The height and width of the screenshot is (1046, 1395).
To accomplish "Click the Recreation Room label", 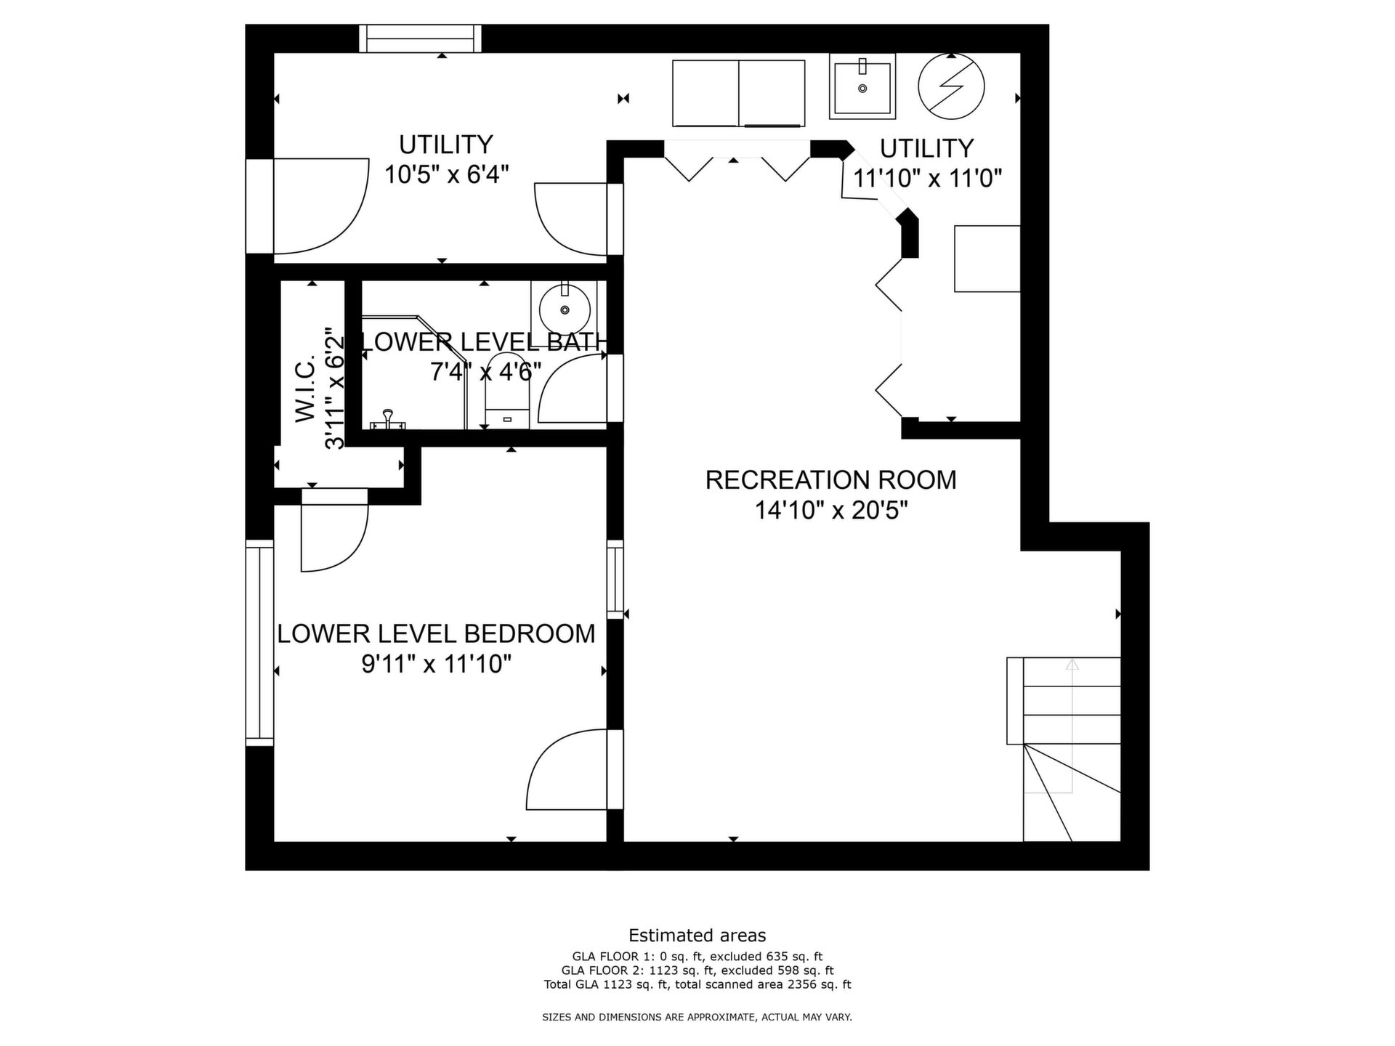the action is pyautogui.click(x=830, y=480).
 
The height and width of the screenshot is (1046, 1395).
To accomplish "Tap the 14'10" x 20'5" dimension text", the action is pyautogui.click(x=831, y=511).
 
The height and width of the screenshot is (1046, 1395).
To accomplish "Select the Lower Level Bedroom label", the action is pyautogui.click(x=436, y=633).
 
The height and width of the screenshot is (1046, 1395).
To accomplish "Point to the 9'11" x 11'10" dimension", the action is pyautogui.click(x=437, y=664).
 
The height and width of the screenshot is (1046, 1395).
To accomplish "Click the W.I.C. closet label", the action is pyautogui.click(x=306, y=388).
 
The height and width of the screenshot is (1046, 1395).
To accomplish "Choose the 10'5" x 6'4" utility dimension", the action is pyautogui.click(x=446, y=174).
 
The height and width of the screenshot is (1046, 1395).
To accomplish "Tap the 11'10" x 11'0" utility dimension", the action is pyautogui.click(x=927, y=178).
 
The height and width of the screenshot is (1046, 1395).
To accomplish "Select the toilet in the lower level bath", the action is pyautogui.click(x=506, y=391).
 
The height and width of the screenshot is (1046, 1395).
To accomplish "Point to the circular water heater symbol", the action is pyautogui.click(x=951, y=86).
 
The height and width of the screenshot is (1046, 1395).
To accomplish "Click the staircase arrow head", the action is pyautogui.click(x=1072, y=664).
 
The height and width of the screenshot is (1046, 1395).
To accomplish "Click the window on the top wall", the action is pyautogui.click(x=421, y=38).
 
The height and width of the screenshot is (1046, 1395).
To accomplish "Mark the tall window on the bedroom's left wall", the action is pyautogui.click(x=259, y=643).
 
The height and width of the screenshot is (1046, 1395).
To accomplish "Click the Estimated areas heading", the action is pyautogui.click(x=697, y=936).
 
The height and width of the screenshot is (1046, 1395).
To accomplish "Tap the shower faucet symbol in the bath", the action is pyautogui.click(x=388, y=419).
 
